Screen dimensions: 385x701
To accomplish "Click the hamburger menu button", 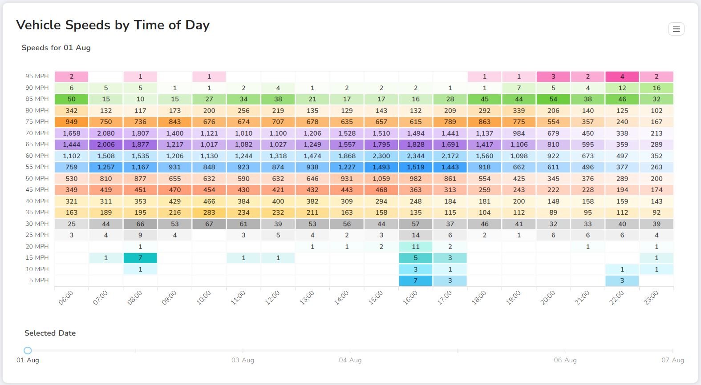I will tap(676, 29).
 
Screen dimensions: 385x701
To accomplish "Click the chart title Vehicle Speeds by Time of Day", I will tap(113, 25).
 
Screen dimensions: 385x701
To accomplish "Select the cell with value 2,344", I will tap(415, 156).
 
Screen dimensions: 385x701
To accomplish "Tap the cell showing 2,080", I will tap(106, 133).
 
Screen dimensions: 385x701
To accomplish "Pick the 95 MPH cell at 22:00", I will tap(622, 76).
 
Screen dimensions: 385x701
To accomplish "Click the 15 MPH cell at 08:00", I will tap(140, 258).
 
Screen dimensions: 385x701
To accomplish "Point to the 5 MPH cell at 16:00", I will tap(415, 281).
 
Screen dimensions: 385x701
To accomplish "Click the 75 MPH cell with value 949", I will tap(71, 122).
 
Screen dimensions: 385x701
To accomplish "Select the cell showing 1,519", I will tap(415, 167).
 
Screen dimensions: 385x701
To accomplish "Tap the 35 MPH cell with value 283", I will tap(209, 213).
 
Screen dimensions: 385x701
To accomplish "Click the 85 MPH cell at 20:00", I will tap(553, 99).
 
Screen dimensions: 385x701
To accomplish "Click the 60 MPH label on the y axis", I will tap(37, 156).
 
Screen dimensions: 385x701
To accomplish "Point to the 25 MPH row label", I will tap(37, 235).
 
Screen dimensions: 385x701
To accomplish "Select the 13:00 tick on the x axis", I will tap(307, 297).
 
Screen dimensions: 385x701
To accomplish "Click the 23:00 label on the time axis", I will tap(651, 297).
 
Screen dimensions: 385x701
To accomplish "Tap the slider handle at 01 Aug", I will tap(28, 351).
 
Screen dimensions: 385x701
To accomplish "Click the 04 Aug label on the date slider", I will tap(350, 360).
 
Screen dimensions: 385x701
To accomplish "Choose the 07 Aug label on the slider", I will tap(672, 360).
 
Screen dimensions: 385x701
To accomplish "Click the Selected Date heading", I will tap(50, 333).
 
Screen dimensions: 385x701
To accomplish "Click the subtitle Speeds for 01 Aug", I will tap(56, 48).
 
